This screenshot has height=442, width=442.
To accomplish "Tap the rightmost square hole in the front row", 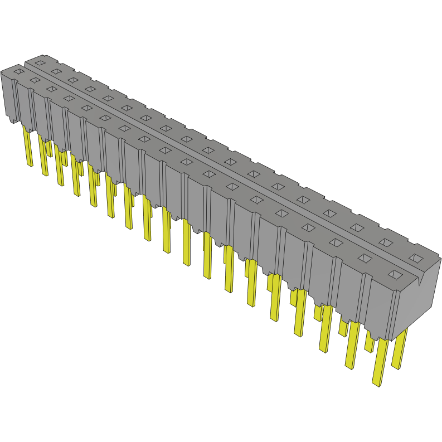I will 395,274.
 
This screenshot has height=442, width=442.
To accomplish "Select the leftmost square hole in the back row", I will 40,63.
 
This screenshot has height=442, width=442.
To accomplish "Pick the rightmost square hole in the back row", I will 416,258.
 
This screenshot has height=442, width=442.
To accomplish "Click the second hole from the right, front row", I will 365,258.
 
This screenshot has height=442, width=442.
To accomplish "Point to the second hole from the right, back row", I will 386,242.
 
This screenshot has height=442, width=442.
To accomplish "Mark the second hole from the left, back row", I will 56,71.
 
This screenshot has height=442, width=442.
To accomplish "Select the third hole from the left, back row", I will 72,80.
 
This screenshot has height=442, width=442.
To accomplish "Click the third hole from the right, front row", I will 336,242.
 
